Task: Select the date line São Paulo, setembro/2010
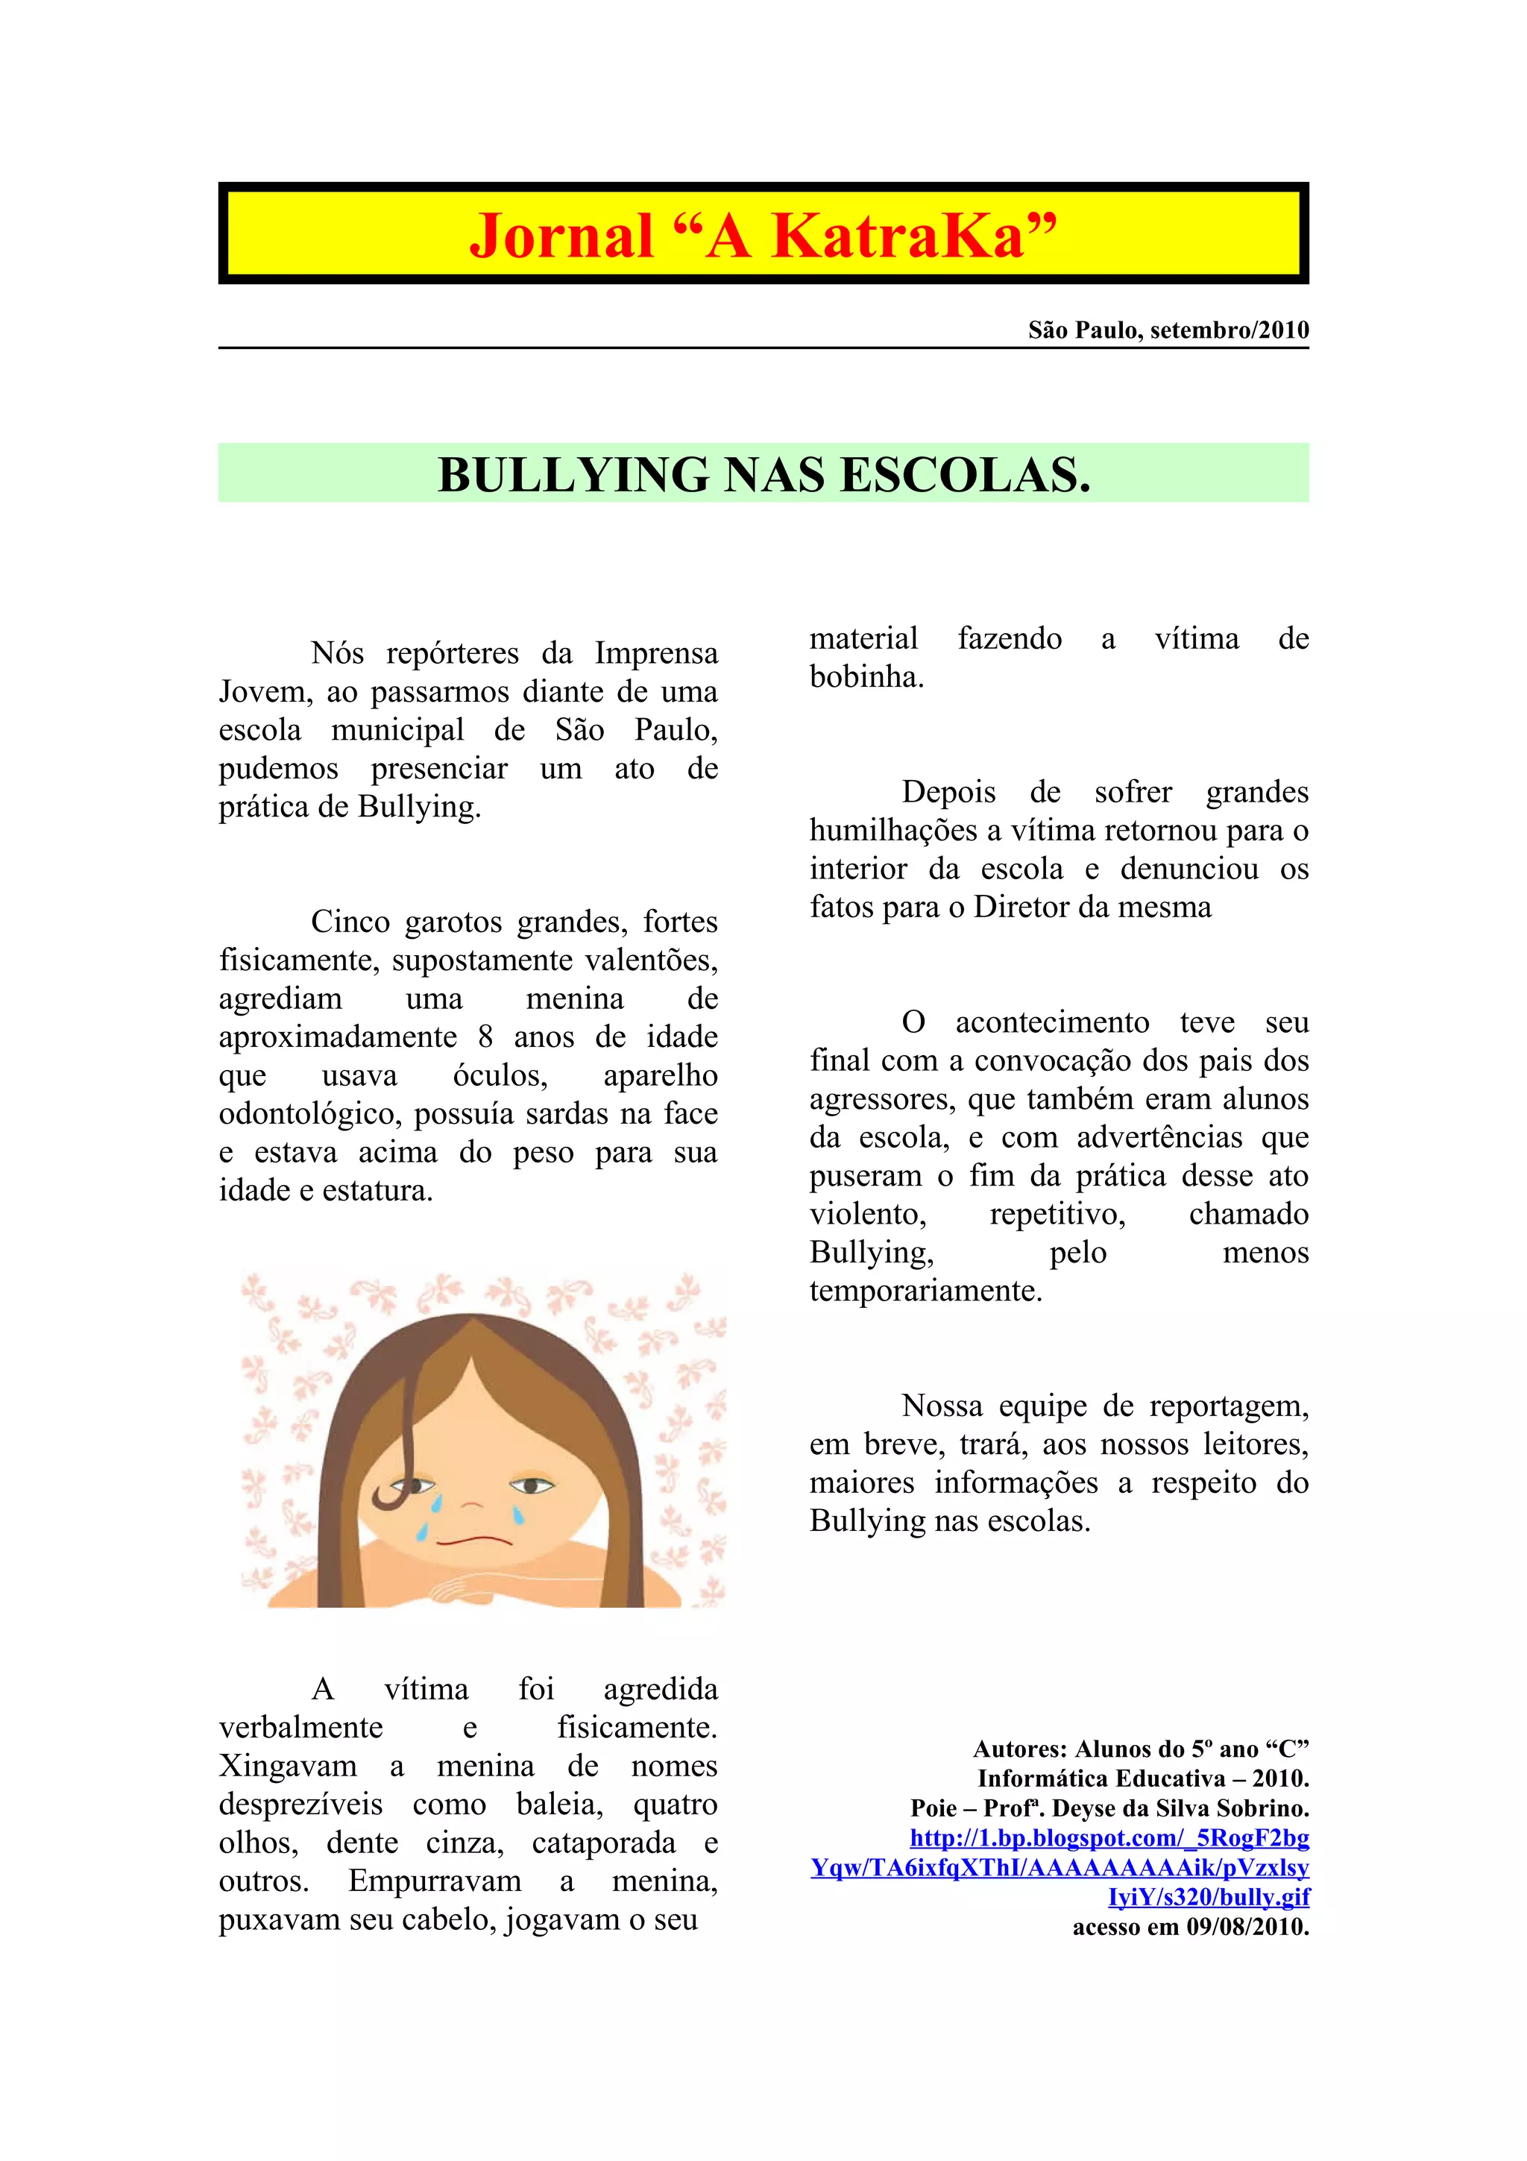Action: click(1168, 330)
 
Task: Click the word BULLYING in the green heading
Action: click(574, 474)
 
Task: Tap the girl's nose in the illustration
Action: click(471, 1503)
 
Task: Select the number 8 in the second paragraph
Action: click(485, 1037)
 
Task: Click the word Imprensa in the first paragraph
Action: click(656, 653)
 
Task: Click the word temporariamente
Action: click(926, 1290)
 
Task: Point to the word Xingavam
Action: click(288, 1766)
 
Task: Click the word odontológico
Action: click(309, 1113)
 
